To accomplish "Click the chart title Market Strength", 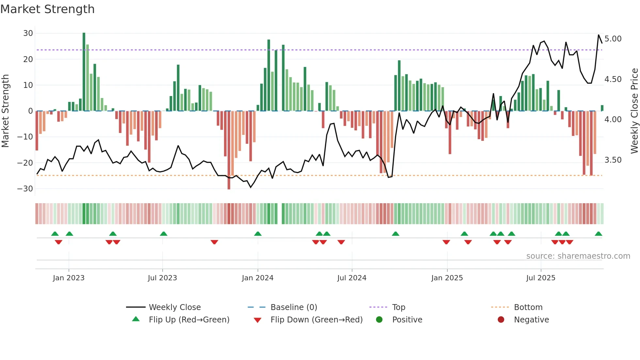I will [x=47, y=9].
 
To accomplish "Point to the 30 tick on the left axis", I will [x=28, y=33].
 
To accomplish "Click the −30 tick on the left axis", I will [x=25, y=189].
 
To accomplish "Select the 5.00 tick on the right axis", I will [x=613, y=39].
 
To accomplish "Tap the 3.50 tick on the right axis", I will [x=613, y=160].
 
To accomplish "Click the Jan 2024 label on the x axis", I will [x=258, y=278].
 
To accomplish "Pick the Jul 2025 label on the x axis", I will [x=541, y=278].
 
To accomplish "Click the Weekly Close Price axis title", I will [x=634, y=111].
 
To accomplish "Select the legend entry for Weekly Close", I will [x=175, y=307].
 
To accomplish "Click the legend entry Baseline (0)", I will [x=294, y=307].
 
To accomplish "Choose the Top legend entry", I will [x=398, y=307].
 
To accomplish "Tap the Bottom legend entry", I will [x=528, y=307].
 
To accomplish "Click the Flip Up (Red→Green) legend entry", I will [x=189, y=320].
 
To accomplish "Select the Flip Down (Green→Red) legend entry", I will [x=316, y=320].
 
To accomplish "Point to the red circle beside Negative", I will [x=501, y=319].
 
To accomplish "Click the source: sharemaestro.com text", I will [x=578, y=256].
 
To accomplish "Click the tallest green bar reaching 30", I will [x=84, y=72].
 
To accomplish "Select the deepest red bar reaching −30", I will [x=229, y=150].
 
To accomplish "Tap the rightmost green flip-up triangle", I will [x=598, y=234].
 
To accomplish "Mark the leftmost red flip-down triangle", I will [x=58, y=242].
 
